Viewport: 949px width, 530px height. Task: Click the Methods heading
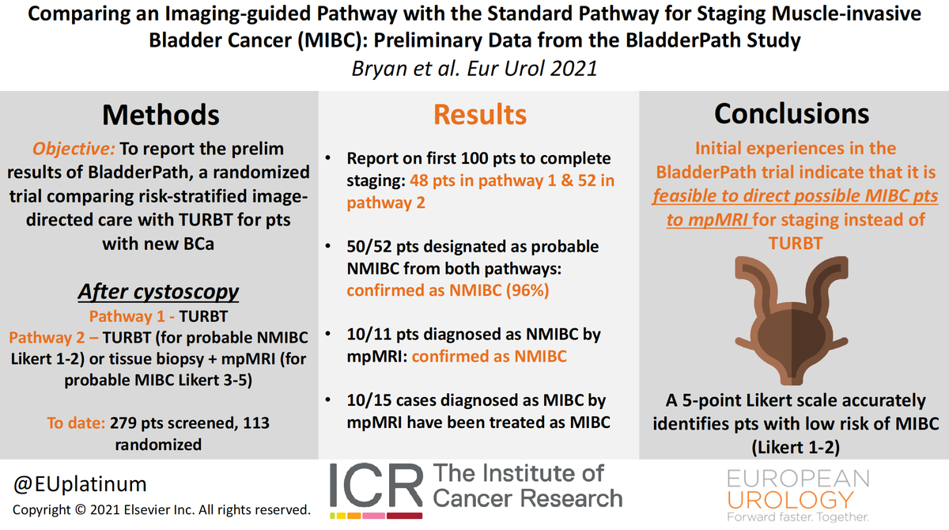[161, 114]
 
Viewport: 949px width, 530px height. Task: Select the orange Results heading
[479, 114]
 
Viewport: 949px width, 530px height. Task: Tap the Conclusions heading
[793, 114]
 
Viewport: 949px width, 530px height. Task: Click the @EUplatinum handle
[80, 483]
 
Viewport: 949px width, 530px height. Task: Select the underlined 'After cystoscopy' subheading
[158, 291]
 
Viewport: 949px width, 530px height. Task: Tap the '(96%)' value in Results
[522, 290]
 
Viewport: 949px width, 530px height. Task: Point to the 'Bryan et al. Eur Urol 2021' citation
[475, 68]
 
